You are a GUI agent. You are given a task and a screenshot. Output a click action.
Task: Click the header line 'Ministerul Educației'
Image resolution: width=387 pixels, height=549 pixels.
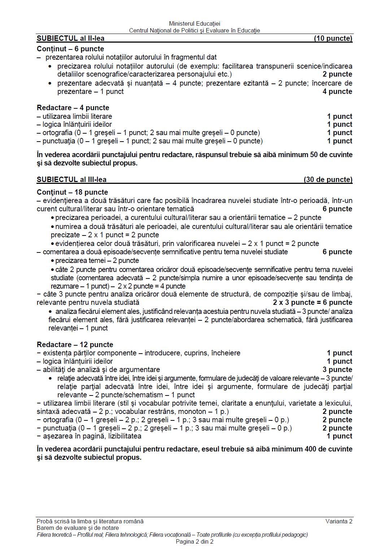pos(195,24)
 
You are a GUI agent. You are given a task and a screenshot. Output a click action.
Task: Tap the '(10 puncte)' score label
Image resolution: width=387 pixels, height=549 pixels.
pos(333,39)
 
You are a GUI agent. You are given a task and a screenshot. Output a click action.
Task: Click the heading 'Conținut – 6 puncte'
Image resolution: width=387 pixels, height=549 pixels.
pos(70,49)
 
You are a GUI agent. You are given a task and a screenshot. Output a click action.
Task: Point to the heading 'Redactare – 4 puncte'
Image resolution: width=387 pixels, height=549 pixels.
pos(73,108)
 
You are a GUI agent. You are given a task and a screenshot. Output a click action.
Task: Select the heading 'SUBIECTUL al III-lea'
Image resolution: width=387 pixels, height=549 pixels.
pos(71,180)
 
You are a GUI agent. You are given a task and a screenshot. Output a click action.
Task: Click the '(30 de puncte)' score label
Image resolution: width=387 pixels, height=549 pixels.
pos(328,180)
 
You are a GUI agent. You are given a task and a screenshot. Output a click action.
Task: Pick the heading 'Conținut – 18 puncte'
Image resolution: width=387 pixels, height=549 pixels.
pos(72,192)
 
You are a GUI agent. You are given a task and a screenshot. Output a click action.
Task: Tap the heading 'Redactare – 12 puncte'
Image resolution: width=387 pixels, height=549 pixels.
pos(75,345)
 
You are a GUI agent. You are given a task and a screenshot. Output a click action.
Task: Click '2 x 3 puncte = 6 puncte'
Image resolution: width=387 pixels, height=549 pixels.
pos(312,302)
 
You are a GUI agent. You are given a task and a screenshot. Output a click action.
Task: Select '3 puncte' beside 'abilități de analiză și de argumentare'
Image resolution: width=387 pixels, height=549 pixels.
pos(337,369)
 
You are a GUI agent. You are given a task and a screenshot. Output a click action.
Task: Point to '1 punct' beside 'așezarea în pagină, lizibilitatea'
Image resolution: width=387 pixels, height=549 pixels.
pos(339,436)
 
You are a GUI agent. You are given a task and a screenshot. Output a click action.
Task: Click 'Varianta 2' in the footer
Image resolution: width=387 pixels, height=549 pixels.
pos(339,521)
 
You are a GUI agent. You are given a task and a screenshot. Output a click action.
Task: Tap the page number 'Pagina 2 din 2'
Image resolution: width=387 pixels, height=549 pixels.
pos(195,541)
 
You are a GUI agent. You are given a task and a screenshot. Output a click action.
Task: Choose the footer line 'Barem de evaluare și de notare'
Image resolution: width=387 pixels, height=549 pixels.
pos(78,528)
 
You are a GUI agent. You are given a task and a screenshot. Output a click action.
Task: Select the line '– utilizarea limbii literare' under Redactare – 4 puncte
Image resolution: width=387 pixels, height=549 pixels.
pos(74,116)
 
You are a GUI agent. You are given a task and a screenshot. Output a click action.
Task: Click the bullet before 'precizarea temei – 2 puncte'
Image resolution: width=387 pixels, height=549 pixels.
pos(53,261)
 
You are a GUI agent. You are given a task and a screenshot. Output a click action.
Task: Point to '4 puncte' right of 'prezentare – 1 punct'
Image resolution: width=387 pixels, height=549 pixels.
pos(337,91)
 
